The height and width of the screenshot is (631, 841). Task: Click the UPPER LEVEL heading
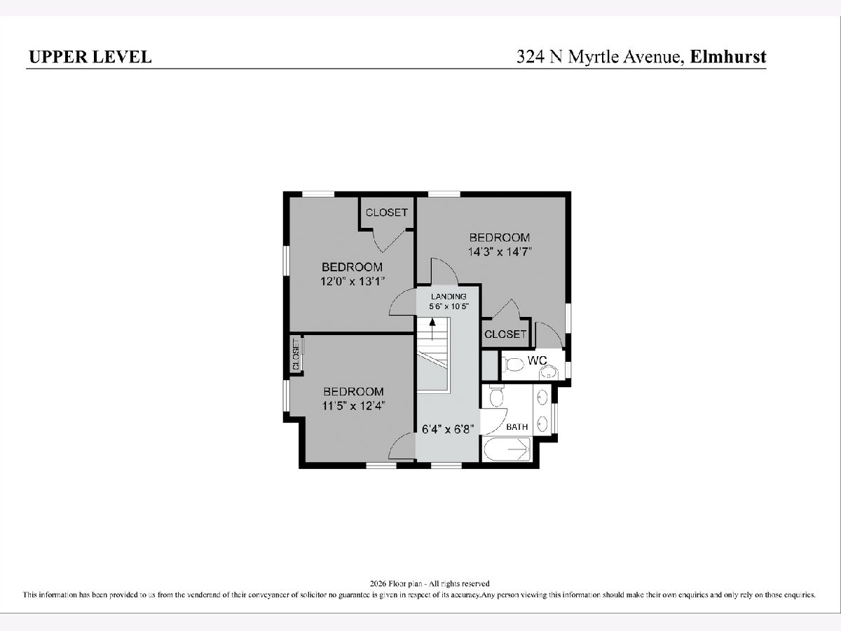90,57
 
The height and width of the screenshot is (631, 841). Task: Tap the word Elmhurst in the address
728,57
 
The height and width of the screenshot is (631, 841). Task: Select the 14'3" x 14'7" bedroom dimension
500,252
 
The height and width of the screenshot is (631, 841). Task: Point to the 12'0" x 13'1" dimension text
352,282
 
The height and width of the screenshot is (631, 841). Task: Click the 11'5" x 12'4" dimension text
353,406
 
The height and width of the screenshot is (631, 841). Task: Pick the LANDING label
449,297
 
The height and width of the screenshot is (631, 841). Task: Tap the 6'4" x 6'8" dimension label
448,429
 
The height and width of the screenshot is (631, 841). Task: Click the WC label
537,360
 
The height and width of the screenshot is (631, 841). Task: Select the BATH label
517,427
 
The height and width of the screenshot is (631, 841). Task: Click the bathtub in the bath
507,449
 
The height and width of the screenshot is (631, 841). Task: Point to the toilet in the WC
513,365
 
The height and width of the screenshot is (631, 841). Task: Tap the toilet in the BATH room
497,395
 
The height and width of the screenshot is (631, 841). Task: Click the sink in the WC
549,372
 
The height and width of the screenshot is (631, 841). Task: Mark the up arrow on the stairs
432,330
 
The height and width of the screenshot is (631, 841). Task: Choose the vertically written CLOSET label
296,354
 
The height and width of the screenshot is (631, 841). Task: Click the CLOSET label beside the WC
505,334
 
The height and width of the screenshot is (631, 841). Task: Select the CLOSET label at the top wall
387,212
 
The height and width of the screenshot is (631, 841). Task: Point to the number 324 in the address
531,57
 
